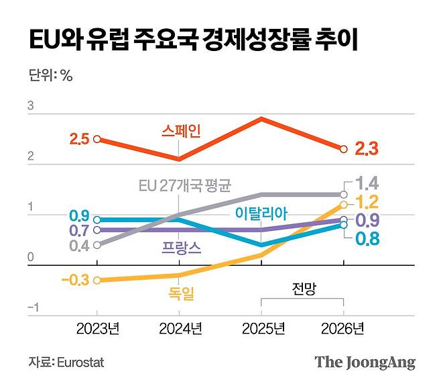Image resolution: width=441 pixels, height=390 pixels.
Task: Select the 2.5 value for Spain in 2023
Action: click(x=79, y=140)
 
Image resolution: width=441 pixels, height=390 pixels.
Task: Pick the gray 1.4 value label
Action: click(x=367, y=183)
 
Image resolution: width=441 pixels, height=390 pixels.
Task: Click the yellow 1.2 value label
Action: click(x=367, y=201)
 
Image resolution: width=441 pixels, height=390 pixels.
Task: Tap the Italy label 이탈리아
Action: click(x=261, y=213)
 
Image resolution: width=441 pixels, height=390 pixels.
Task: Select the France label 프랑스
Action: click(x=181, y=246)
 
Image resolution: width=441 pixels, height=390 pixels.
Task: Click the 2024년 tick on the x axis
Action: click(x=179, y=329)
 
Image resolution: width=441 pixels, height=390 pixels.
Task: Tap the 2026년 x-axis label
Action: click(x=343, y=329)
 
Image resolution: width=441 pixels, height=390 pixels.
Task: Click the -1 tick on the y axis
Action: click(x=31, y=308)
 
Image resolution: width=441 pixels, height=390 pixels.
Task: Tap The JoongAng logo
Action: click(x=365, y=362)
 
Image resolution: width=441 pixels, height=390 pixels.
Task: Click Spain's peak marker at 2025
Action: click(x=261, y=119)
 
